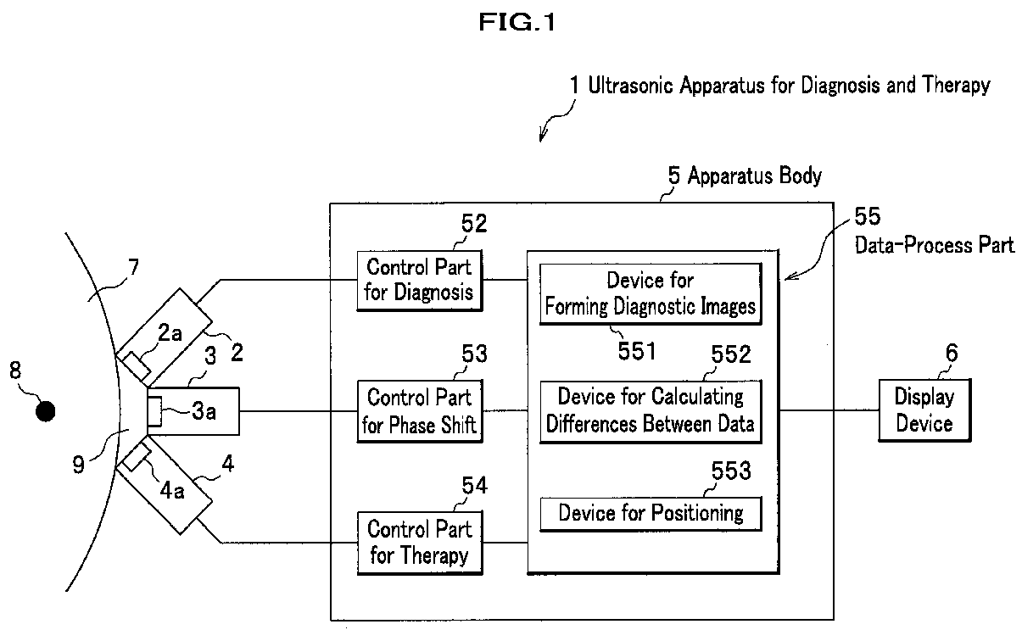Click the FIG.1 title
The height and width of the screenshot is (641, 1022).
pos(517,22)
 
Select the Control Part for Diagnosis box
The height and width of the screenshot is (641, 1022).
pos(419,281)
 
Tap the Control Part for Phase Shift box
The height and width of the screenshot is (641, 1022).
pos(420,411)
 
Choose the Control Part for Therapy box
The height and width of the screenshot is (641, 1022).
pos(420,543)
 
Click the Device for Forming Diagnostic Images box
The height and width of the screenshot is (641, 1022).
pos(651,294)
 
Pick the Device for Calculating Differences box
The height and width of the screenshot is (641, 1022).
pos(651,411)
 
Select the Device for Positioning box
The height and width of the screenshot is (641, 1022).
pos(651,514)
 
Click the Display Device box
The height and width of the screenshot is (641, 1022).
pos(924,410)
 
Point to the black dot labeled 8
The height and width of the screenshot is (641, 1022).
pos(46,411)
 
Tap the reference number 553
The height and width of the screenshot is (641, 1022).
pos(731,471)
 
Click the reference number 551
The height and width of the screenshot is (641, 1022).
pos(637,351)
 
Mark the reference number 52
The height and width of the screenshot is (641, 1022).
pos(474,224)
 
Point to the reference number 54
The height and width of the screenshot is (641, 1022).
pos(474,485)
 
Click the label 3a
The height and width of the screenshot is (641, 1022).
pos(204,411)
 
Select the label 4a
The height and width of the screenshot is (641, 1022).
pos(172,491)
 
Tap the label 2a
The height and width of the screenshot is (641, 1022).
pos(170,333)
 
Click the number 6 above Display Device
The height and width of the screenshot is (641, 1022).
pos(952,353)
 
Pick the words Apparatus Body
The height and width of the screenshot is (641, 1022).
pos(755,176)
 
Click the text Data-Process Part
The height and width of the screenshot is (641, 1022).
pos(935,245)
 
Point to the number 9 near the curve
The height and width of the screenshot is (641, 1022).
pos(79,465)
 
